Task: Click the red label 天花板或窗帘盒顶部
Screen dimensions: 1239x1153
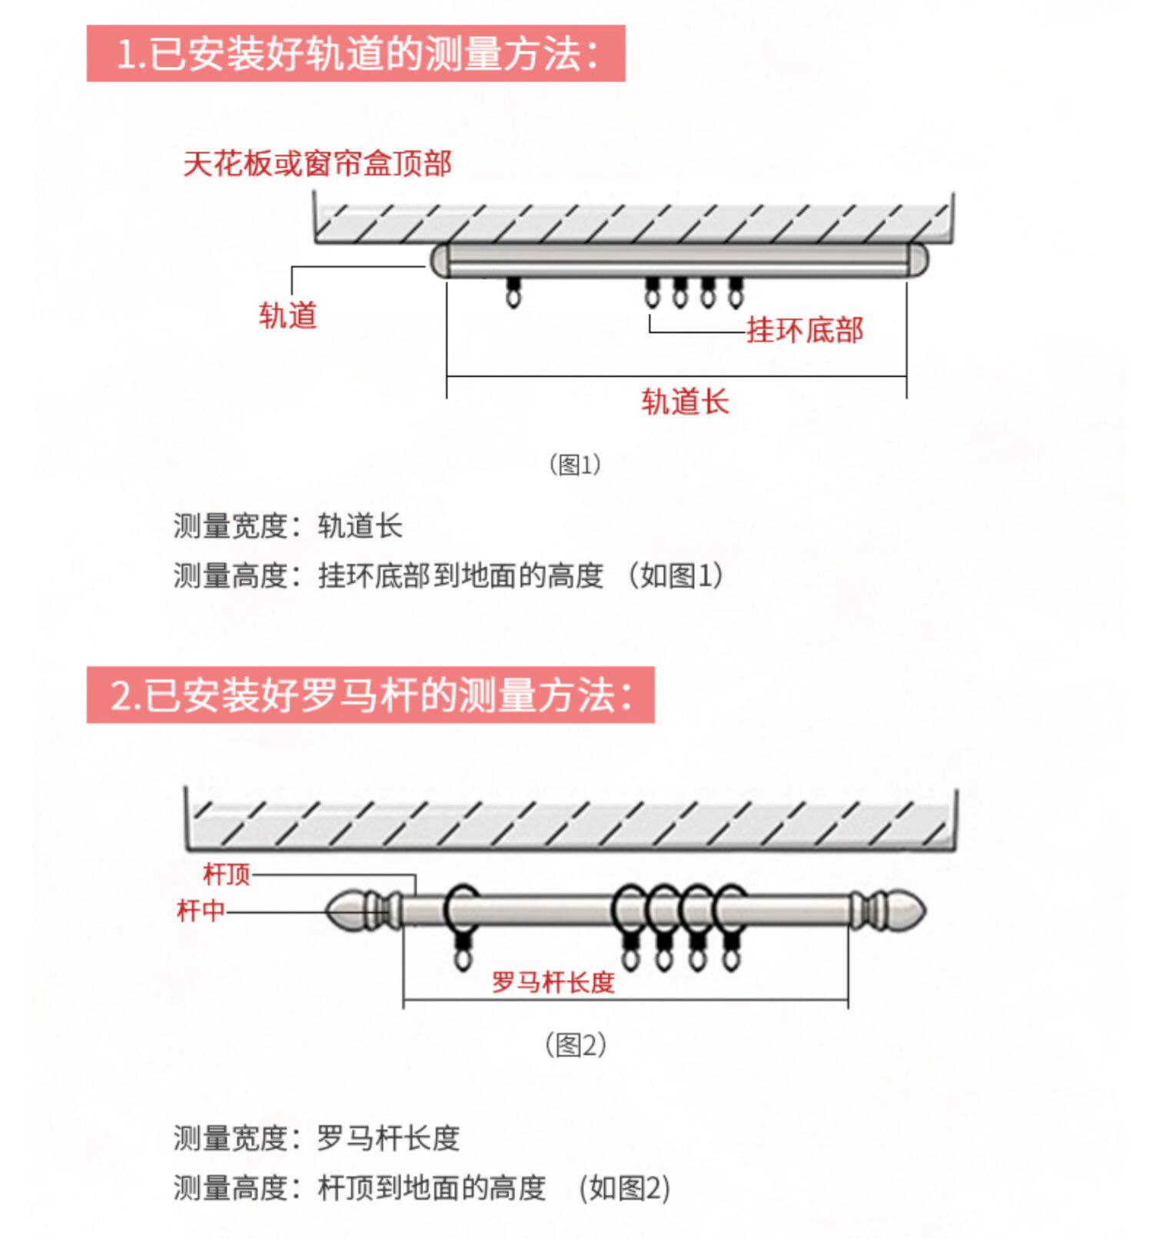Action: [x=317, y=164]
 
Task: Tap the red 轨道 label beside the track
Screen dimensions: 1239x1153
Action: [x=287, y=315]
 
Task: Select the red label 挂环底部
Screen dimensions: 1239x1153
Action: [x=805, y=330]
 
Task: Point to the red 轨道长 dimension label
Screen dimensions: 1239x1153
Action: [x=685, y=401]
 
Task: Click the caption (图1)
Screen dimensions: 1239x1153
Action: [x=575, y=465]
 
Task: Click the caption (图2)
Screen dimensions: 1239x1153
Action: [x=576, y=1045]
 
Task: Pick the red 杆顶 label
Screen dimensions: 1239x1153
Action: [x=227, y=874]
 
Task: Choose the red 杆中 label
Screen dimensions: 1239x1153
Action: [x=201, y=911]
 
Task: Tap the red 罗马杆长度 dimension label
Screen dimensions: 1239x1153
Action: [x=553, y=982]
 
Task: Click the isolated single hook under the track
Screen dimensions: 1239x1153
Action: [x=513, y=292]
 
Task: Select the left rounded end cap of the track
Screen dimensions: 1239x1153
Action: [x=439, y=260]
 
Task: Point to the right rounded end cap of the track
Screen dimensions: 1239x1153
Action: [x=917, y=260]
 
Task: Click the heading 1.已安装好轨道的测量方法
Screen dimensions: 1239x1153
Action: [x=356, y=54]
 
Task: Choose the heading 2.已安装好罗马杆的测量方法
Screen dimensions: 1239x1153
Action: [x=370, y=695]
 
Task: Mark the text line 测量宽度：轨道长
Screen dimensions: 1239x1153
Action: [x=287, y=527]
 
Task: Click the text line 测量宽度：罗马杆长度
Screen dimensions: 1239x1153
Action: [x=316, y=1138]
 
